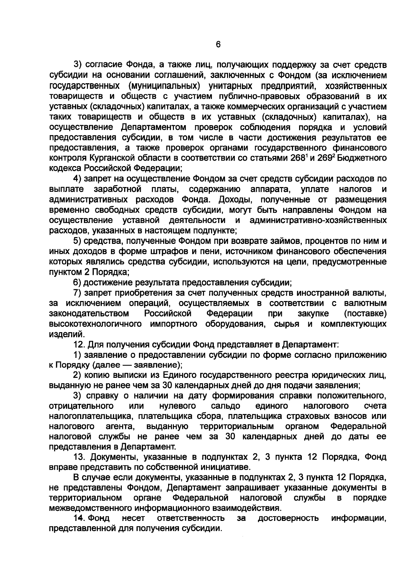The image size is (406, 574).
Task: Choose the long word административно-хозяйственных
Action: [x=318, y=220]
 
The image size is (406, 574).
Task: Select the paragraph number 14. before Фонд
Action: [x=79, y=518]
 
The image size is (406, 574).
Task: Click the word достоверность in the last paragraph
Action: [x=288, y=518]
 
